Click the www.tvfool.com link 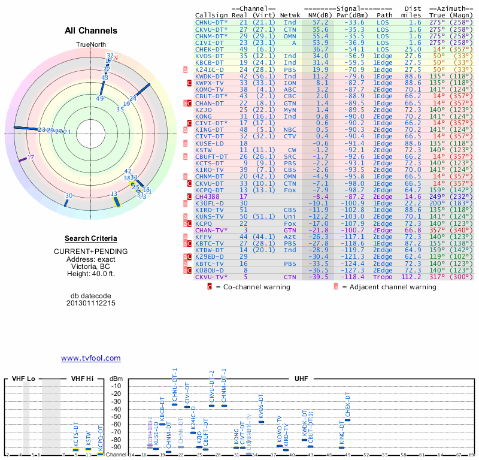pyautogui.click(x=91, y=358)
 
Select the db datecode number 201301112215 pyautogui.click(x=91, y=303)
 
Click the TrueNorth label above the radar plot pyautogui.click(x=90, y=46)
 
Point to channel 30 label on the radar pyautogui.click(x=69, y=196)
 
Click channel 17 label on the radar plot pyautogui.click(x=31, y=157)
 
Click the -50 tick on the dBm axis pyautogui.click(x=116, y=416)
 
